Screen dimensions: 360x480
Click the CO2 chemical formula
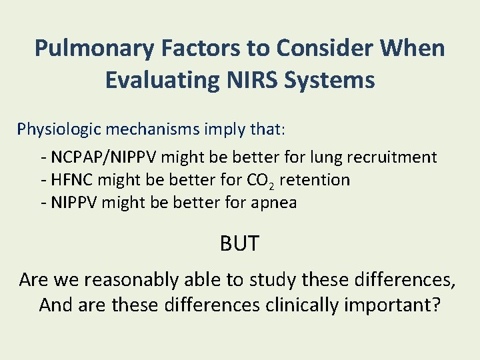[x=259, y=181]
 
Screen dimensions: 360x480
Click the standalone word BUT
[x=239, y=244]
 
